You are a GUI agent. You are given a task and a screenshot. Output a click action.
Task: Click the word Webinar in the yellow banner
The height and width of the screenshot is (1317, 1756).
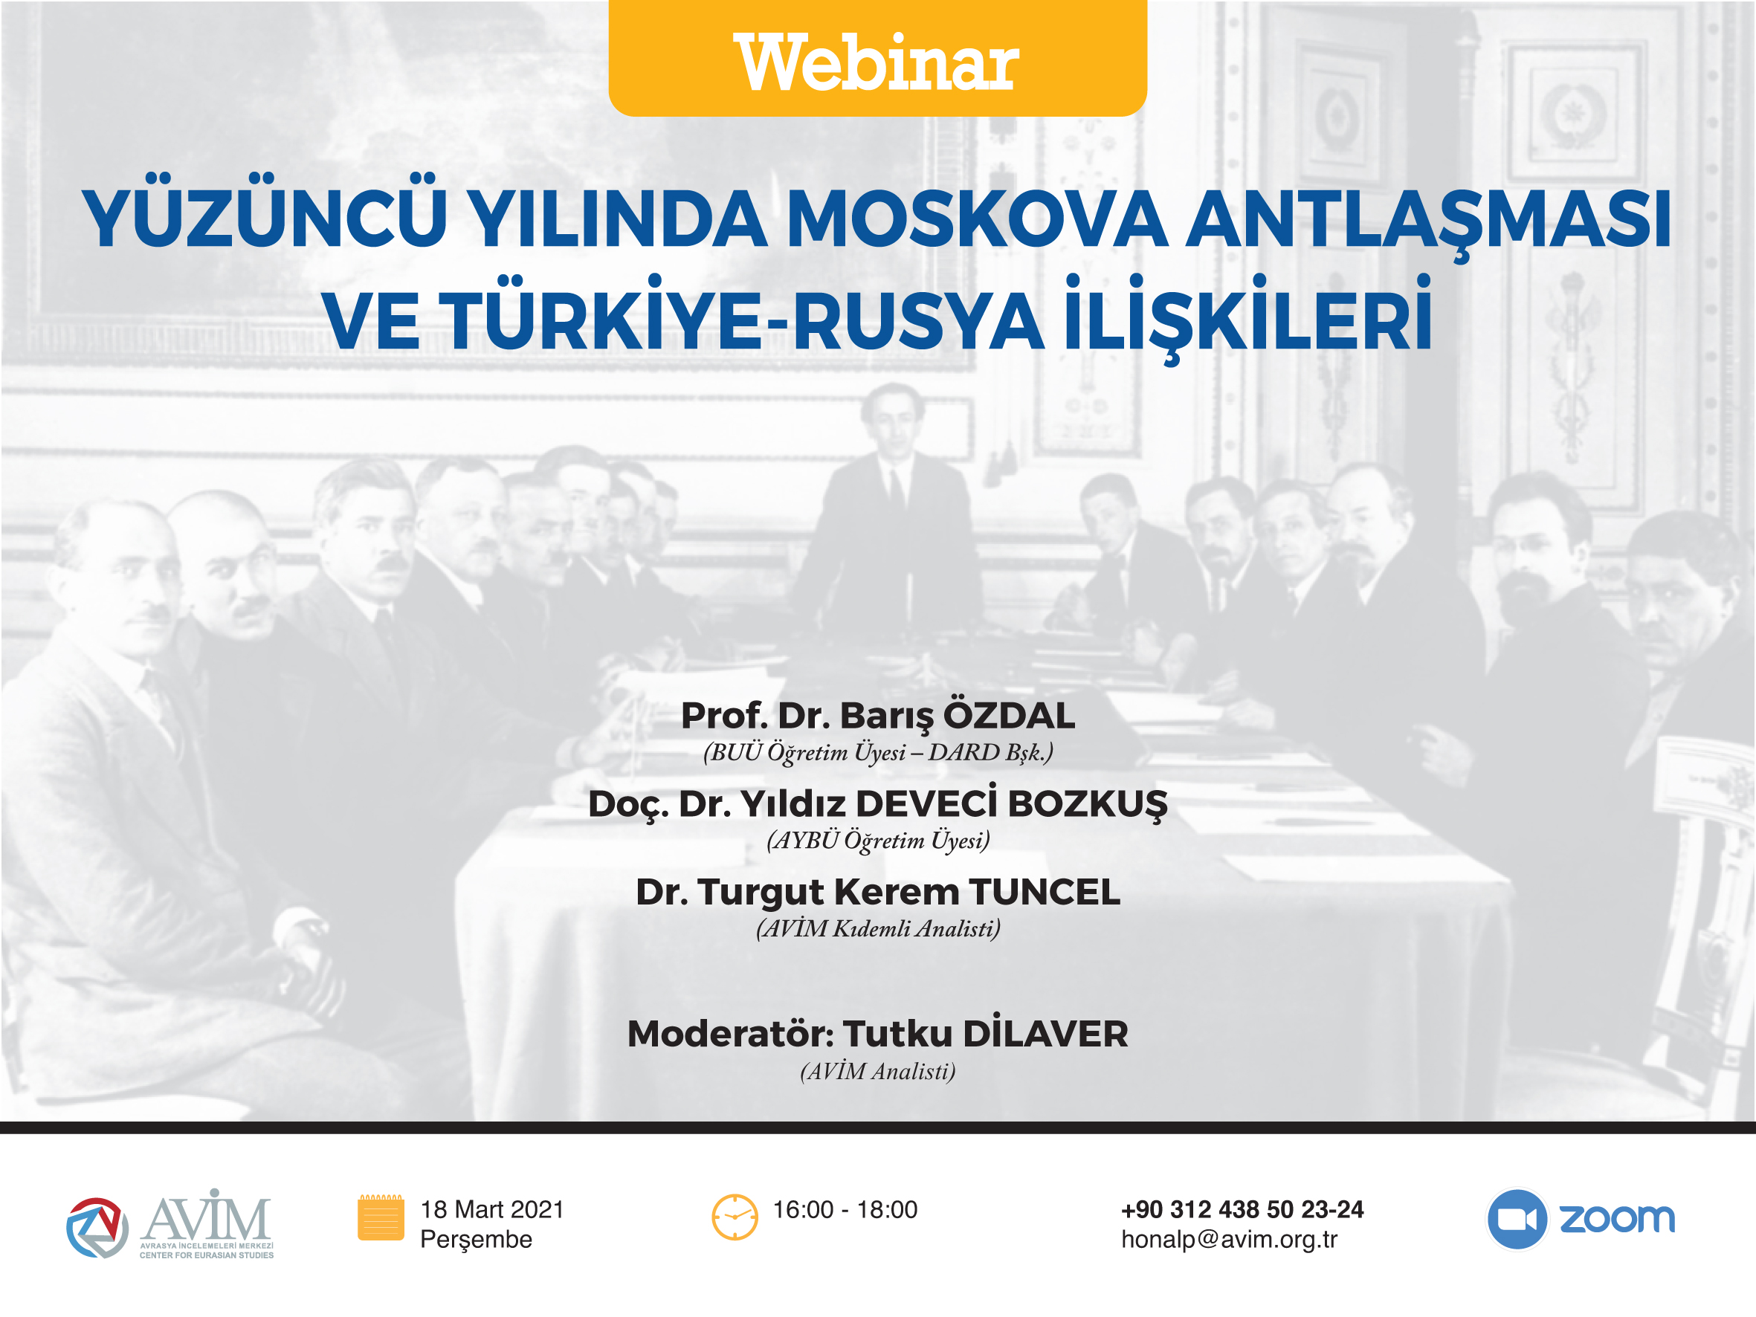(x=877, y=62)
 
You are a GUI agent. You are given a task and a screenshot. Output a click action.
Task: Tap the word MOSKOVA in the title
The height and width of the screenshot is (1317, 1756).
(x=976, y=220)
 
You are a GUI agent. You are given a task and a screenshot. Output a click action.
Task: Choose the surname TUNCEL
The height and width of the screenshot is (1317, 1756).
(x=1044, y=891)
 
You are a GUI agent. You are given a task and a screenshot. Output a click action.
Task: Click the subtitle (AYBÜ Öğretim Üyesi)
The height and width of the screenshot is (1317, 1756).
(x=878, y=840)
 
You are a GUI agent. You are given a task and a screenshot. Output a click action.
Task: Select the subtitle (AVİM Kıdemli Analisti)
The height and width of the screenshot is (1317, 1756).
(x=878, y=928)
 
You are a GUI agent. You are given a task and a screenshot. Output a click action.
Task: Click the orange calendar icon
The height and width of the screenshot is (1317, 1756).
(x=381, y=1217)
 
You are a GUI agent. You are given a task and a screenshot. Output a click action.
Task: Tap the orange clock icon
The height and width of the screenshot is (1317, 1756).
(x=735, y=1217)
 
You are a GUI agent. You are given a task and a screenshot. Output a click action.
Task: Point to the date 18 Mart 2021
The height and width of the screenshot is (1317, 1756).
(x=492, y=1209)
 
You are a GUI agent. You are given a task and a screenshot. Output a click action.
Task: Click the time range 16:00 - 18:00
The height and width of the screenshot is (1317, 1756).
(x=845, y=1209)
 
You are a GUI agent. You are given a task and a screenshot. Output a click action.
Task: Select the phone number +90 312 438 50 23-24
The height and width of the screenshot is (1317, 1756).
(x=1242, y=1209)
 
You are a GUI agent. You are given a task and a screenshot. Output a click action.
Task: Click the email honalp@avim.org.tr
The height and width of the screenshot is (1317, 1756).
(x=1230, y=1239)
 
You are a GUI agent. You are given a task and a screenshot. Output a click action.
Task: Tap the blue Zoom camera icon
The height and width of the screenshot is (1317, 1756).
(x=1517, y=1219)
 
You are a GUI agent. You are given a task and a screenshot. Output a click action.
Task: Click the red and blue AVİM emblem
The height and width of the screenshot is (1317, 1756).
(x=97, y=1227)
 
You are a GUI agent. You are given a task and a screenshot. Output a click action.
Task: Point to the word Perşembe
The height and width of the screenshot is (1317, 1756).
(x=477, y=1240)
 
